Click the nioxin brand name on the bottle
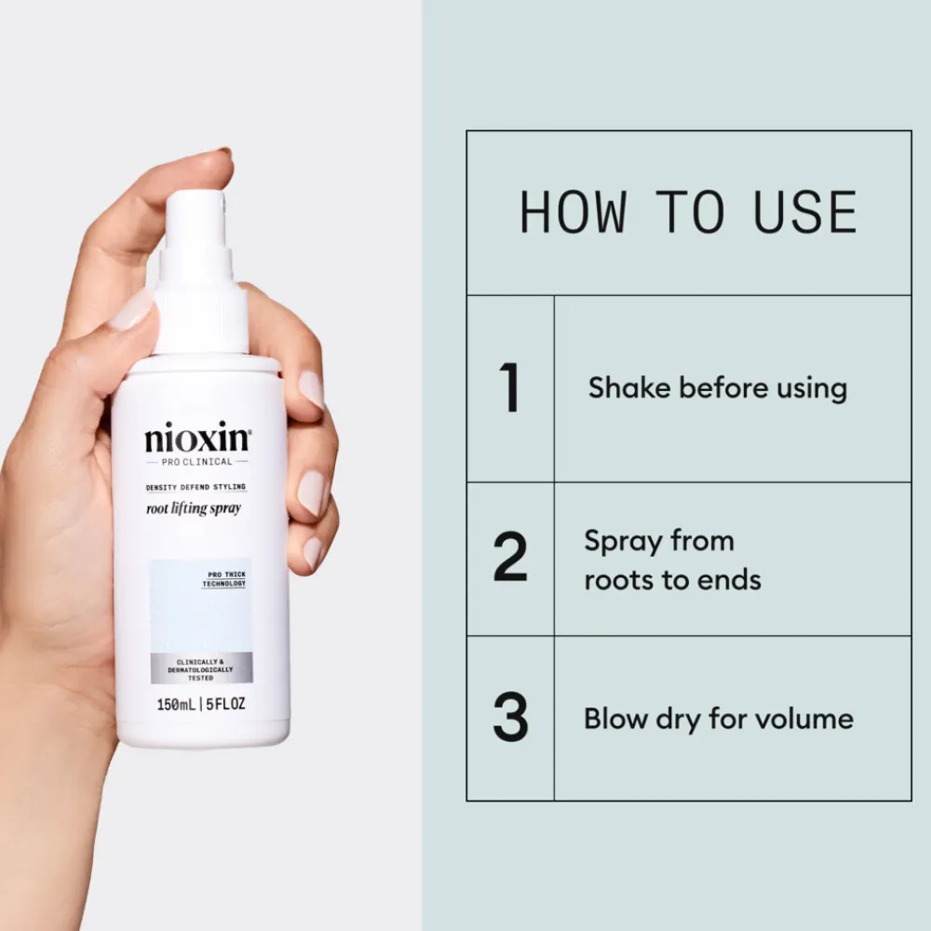[x=197, y=438]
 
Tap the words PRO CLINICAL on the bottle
[x=197, y=461]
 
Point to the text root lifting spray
[x=193, y=508]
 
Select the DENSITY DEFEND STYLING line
[x=196, y=487]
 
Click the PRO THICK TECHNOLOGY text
[x=223, y=579]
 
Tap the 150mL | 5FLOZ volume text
[x=201, y=703]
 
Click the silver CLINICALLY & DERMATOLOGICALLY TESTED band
[x=200, y=669]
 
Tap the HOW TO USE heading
[x=688, y=212]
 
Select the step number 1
[x=509, y=388]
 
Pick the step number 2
[x=509, y=560]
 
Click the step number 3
[x=510, y=719]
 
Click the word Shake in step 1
[x=629, y=388]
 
